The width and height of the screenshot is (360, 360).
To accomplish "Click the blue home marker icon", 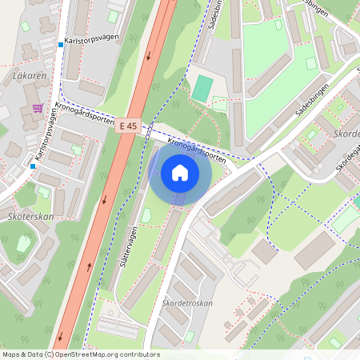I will (180, 172).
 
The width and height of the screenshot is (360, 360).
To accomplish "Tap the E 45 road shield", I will (128, 126).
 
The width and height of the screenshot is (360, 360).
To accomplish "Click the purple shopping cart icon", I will (38, 107).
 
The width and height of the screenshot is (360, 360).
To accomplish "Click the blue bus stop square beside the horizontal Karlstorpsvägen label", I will (60, 45).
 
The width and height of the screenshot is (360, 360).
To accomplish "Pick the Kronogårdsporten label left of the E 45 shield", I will (82, 116).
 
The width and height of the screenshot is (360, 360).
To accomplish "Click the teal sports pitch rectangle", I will (202, 88).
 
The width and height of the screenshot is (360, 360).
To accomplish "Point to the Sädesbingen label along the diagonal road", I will (311, 100).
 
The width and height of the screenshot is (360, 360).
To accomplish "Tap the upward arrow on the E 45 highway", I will (88, 266).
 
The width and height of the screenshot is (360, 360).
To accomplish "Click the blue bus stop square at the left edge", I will (33, 166).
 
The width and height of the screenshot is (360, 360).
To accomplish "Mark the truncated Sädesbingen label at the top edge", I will (215, 14).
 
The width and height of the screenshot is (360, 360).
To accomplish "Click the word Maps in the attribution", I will (12, 354).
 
